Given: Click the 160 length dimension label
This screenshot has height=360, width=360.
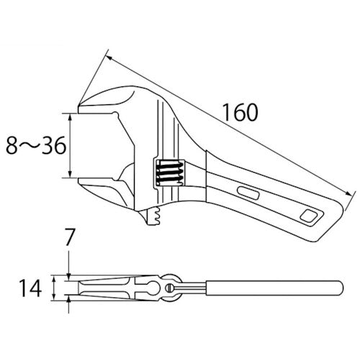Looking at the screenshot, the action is point(240,112).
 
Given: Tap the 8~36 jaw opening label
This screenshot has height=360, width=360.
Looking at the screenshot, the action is point(36,145).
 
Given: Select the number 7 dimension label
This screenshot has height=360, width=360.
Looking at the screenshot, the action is point(68,237).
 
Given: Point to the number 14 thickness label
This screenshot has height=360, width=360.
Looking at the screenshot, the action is point(30,288).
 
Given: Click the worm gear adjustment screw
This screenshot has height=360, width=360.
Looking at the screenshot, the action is point(170,173).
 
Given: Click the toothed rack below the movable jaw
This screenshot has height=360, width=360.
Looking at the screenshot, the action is point(153,215).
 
